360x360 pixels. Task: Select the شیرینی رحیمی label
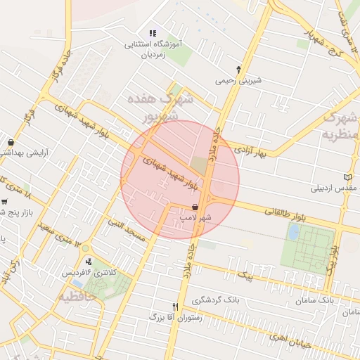click(238, 80)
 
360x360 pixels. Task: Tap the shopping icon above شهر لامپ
click(195, 207)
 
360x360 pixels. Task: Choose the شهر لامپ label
click(195, 219)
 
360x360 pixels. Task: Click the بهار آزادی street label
click(251, 151)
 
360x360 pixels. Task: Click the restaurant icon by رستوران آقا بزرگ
click(176, 307)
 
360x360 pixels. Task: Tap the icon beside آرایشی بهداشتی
click(12, 141)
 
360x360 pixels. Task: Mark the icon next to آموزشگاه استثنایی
click(153, 32)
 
